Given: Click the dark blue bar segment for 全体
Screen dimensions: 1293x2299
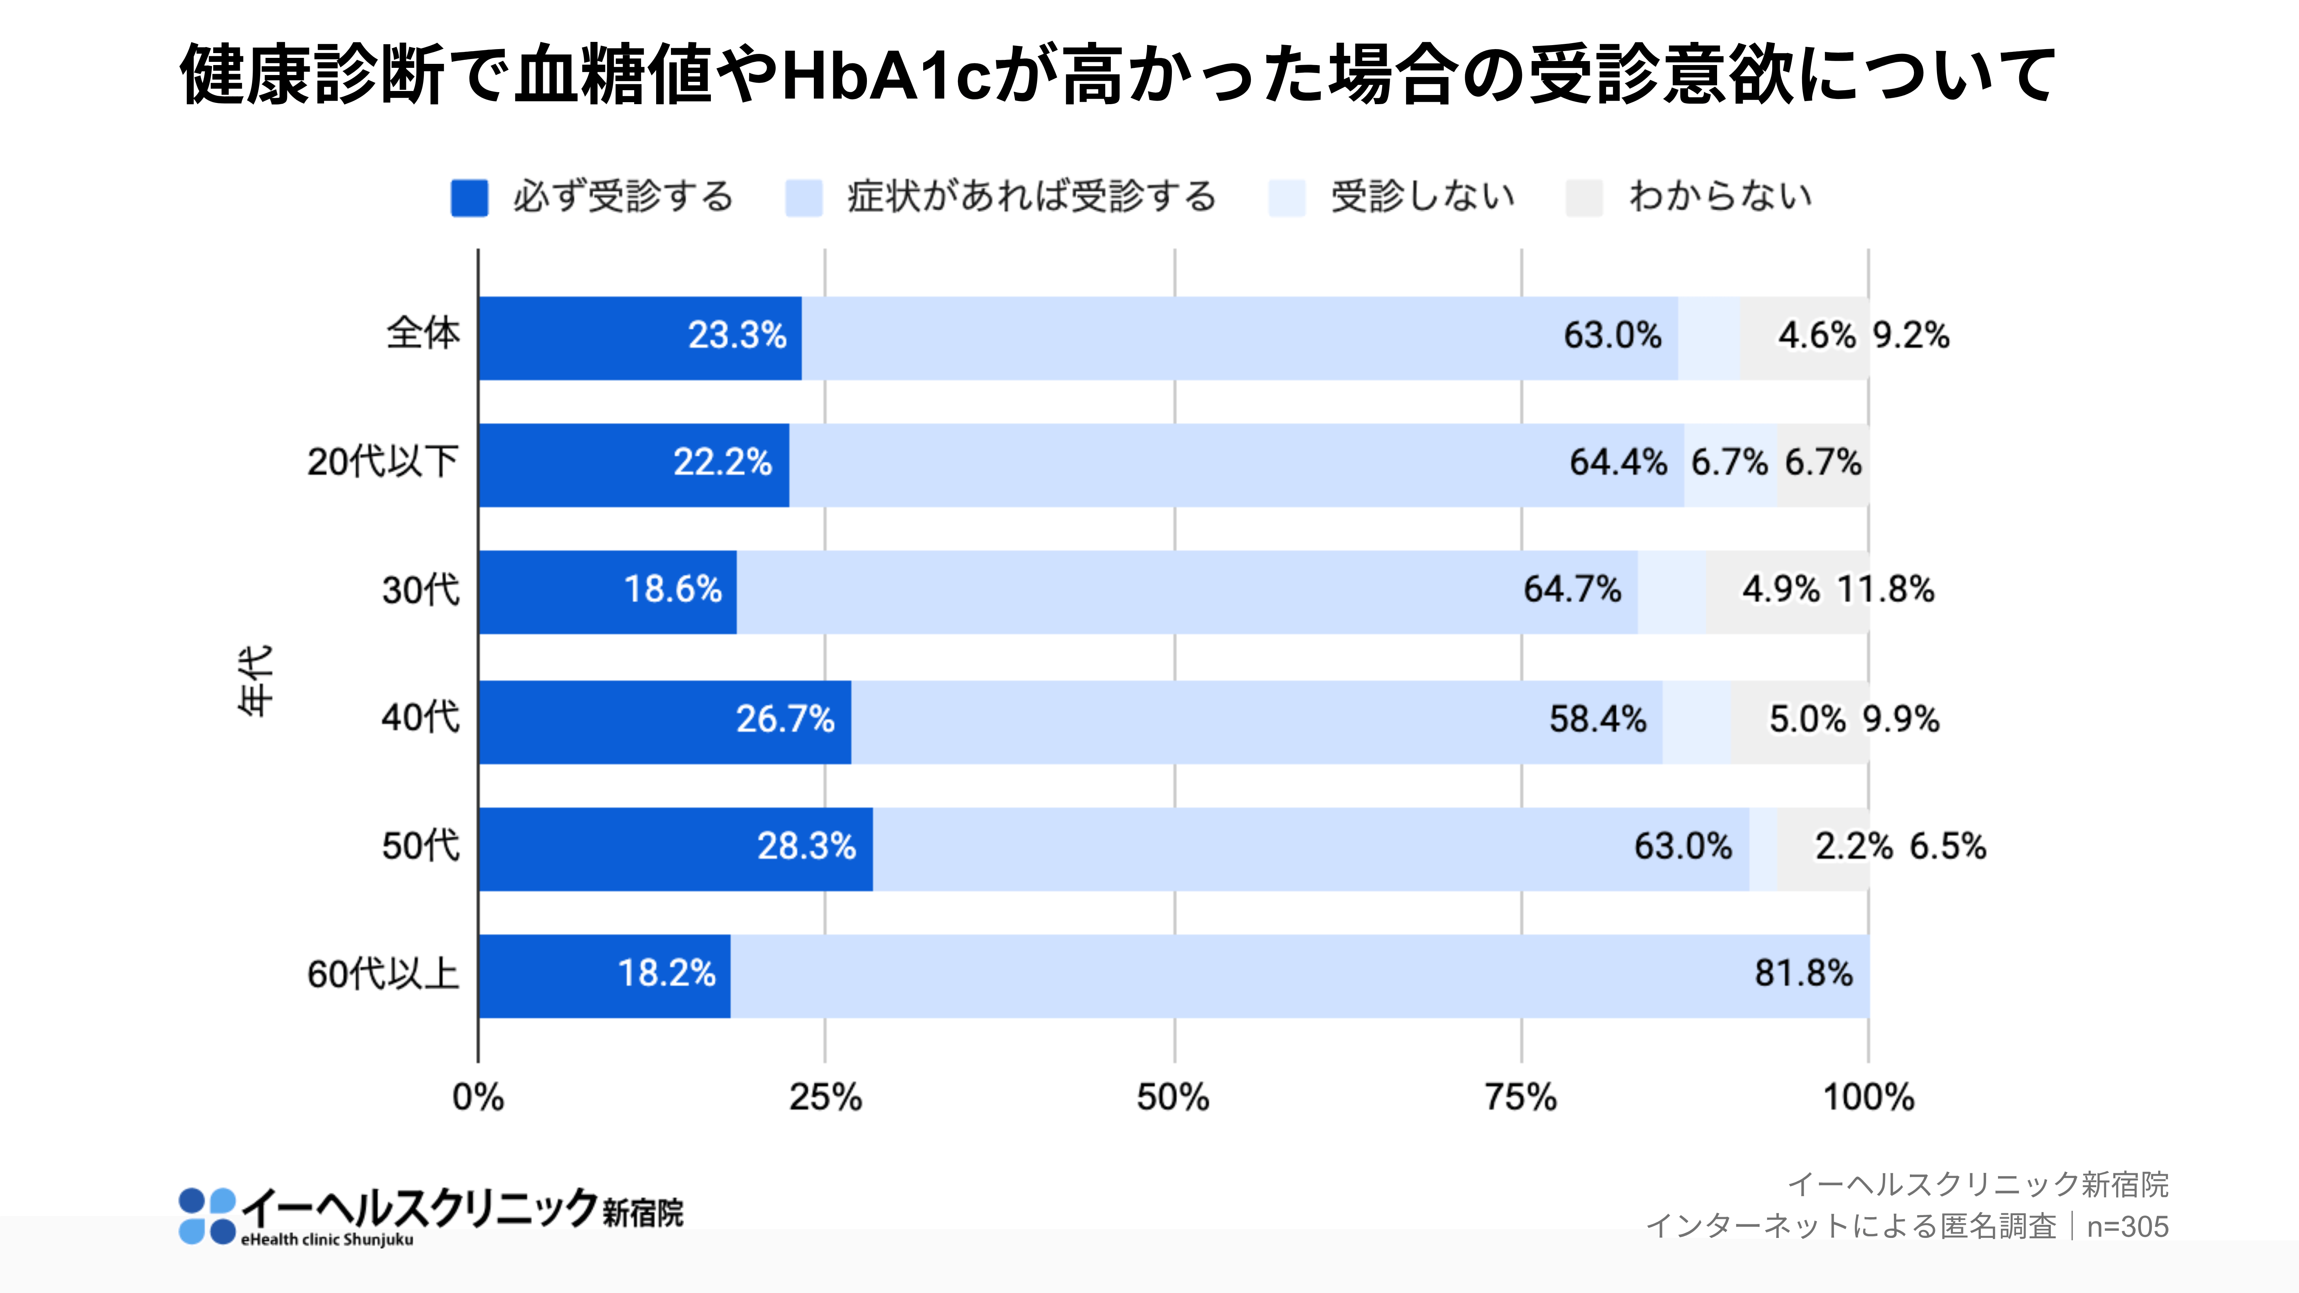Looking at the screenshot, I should click(639, 338).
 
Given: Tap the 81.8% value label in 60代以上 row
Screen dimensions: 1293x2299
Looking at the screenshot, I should click(1803, 974).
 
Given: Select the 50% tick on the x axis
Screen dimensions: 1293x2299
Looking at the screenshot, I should click(1173, 1097).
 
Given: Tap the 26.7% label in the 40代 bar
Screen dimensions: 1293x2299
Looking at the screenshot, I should click(784, 719).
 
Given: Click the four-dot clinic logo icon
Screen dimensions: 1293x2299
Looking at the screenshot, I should click(207, 1215).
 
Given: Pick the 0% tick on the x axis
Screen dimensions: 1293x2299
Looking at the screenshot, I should click(479, 1097).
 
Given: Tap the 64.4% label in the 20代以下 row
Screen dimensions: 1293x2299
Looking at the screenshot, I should click(1618, 462).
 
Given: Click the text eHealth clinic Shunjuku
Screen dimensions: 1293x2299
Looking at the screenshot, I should click(326, 1240).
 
